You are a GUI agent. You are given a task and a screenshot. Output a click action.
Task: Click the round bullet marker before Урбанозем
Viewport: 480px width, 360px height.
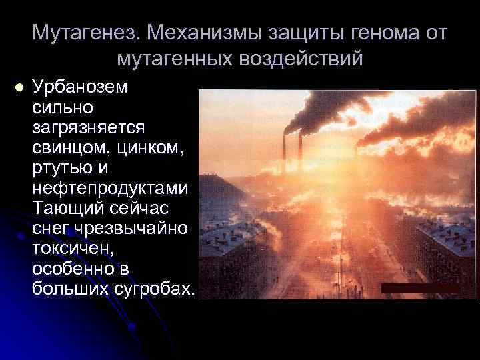[x=18, y=87]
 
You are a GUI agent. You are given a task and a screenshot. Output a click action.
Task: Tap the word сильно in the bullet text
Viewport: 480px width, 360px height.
[x=63, y=107]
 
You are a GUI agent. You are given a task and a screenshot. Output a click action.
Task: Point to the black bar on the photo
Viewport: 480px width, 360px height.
[x=419, y=287]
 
